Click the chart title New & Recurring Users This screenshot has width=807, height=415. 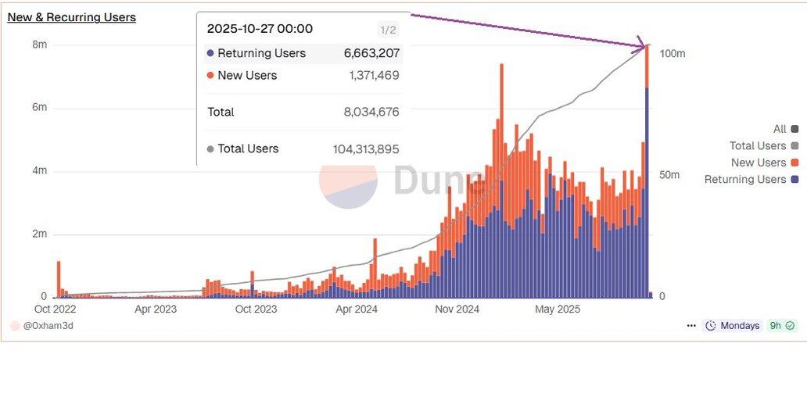71,17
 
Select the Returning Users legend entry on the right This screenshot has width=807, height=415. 745,180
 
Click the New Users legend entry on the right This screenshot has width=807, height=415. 759,163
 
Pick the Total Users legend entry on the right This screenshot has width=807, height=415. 758,146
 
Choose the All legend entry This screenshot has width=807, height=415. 780,129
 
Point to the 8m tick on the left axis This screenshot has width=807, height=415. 39,45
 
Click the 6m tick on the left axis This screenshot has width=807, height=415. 39,107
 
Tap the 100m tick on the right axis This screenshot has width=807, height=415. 672,54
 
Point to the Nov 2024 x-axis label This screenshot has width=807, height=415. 457,309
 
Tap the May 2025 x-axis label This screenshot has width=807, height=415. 557,309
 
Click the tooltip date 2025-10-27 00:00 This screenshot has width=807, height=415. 260,29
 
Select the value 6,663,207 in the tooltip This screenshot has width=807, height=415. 371,54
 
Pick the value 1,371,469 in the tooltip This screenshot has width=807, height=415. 374,76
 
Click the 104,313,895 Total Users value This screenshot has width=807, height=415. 366,149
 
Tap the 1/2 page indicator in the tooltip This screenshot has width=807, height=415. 388,30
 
